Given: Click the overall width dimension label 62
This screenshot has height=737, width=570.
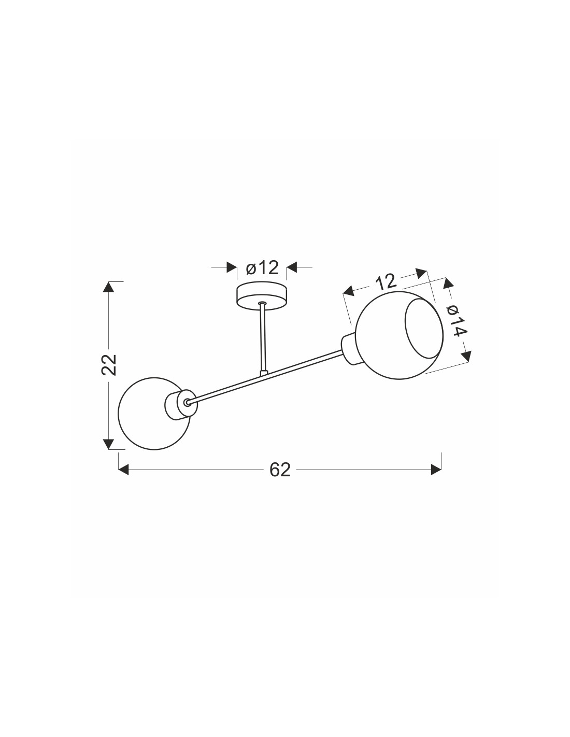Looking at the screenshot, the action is click(x=280, y=470).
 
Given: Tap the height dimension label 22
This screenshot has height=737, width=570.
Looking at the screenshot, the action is click(x=109, y=364).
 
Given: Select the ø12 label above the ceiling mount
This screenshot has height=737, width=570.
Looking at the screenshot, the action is click(x=262, y=268).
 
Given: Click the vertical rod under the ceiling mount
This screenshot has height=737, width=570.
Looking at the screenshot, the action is click(x=262, y=339).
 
